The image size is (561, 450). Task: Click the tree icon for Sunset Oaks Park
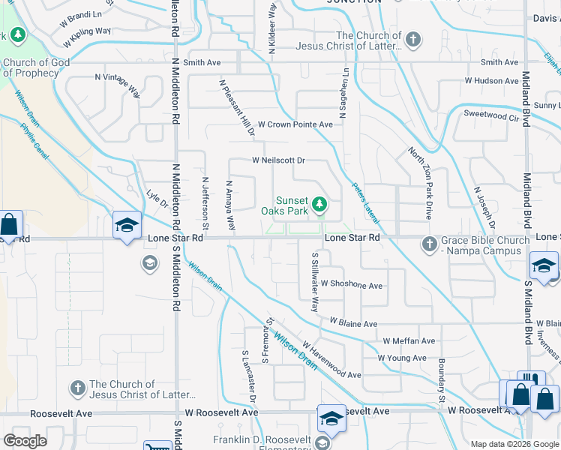(319, 203)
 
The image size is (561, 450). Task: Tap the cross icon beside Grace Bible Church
(429, 243)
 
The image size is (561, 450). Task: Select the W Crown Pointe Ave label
(295, 124)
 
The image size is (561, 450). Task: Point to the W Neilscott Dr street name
(278, 160)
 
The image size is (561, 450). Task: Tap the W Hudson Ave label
(491, 81)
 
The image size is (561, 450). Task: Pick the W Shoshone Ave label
(352, 285)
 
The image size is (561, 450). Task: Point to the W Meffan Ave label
(407, 341)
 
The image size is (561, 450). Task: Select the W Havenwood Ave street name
(331, 361)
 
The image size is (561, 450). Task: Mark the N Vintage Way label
(118, 85)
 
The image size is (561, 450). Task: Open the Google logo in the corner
(24, 441)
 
